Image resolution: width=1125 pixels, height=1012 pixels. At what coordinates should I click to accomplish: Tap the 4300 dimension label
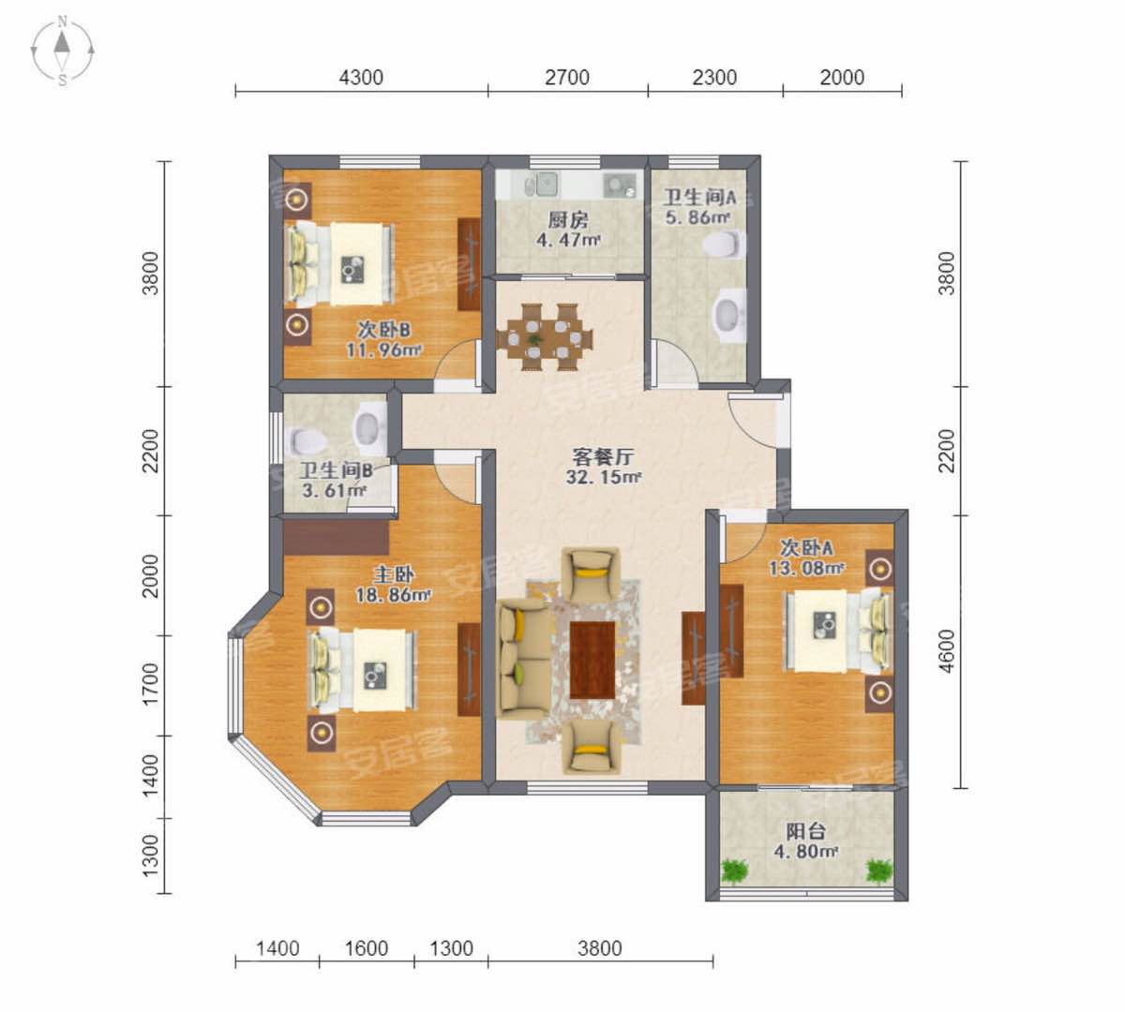[361, 78]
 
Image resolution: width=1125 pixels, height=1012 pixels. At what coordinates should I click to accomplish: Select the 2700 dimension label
[567, 78]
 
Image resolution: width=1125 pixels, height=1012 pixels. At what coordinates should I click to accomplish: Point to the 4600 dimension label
[947, 651]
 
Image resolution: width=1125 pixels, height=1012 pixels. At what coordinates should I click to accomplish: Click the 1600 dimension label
[367, 948]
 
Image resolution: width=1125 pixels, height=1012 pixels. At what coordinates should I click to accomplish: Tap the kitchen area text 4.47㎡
[568, 241]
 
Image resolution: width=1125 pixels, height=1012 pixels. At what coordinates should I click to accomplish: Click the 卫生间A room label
[699, 198]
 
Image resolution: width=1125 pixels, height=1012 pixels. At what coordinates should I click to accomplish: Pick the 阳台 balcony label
[806, 831]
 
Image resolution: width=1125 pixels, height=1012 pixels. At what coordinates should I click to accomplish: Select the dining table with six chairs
[545, 337]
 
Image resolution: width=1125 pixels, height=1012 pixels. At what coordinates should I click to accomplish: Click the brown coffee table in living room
[592, 660]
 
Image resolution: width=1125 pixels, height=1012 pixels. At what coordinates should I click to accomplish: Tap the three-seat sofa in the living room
[524, 660]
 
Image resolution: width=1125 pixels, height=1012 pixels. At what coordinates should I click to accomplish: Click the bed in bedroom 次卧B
[338, 264]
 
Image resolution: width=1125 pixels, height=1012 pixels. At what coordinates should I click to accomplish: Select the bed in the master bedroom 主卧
[362, 671]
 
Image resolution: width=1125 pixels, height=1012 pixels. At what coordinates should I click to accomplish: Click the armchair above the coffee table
[591, 573]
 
